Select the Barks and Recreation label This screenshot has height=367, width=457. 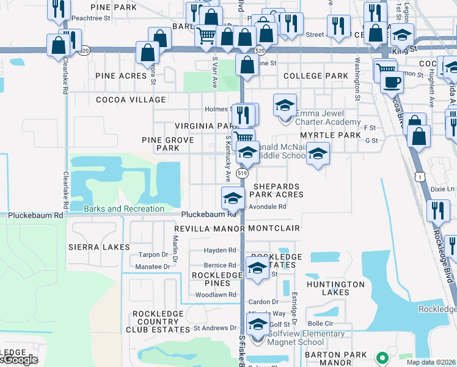click(x=124, y=209)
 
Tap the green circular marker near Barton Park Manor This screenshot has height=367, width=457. click(x=382, y=357)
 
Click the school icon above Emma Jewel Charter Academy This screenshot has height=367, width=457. click(x=285, y=106)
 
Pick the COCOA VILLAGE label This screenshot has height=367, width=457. click(x=130, y=100)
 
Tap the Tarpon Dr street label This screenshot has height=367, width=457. click(x=153, y=254)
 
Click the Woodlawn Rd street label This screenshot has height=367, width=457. click(x=215, y=295)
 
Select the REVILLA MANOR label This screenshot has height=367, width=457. click(x=209, y=228)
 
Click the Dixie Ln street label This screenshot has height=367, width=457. click(x=443, y=189)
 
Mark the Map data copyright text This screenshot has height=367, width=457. click(x=431, y=362)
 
